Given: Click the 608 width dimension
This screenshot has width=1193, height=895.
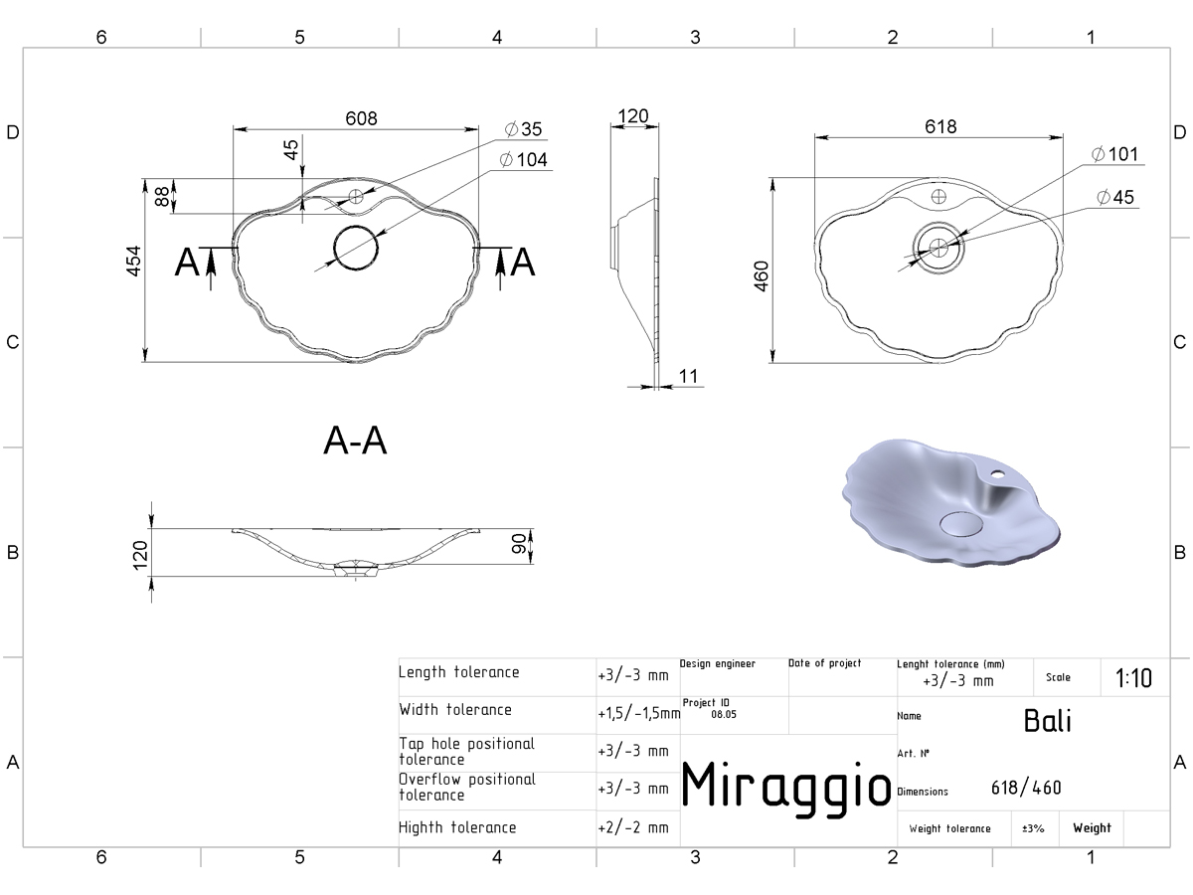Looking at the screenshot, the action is click(x=361, y=118).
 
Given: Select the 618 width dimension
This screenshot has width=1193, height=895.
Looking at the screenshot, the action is click(x=940, y=126).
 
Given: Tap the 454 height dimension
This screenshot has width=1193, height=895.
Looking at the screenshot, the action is click(x=134, y=261).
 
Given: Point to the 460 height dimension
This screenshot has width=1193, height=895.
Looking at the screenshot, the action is click(x=762, y=276).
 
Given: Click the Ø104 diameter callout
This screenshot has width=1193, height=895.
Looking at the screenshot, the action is click(x=523, y=160).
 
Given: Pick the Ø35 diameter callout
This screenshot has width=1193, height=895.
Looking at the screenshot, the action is click(x=523, y=129).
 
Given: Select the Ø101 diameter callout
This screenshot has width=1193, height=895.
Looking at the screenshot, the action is click(x=1114, y=154).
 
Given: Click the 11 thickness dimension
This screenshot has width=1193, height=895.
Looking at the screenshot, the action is click(x=688, y=376).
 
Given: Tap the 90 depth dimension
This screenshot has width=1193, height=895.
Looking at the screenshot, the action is click(x=519, y=544).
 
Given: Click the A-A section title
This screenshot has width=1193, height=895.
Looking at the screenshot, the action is click(x=355, y=441).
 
